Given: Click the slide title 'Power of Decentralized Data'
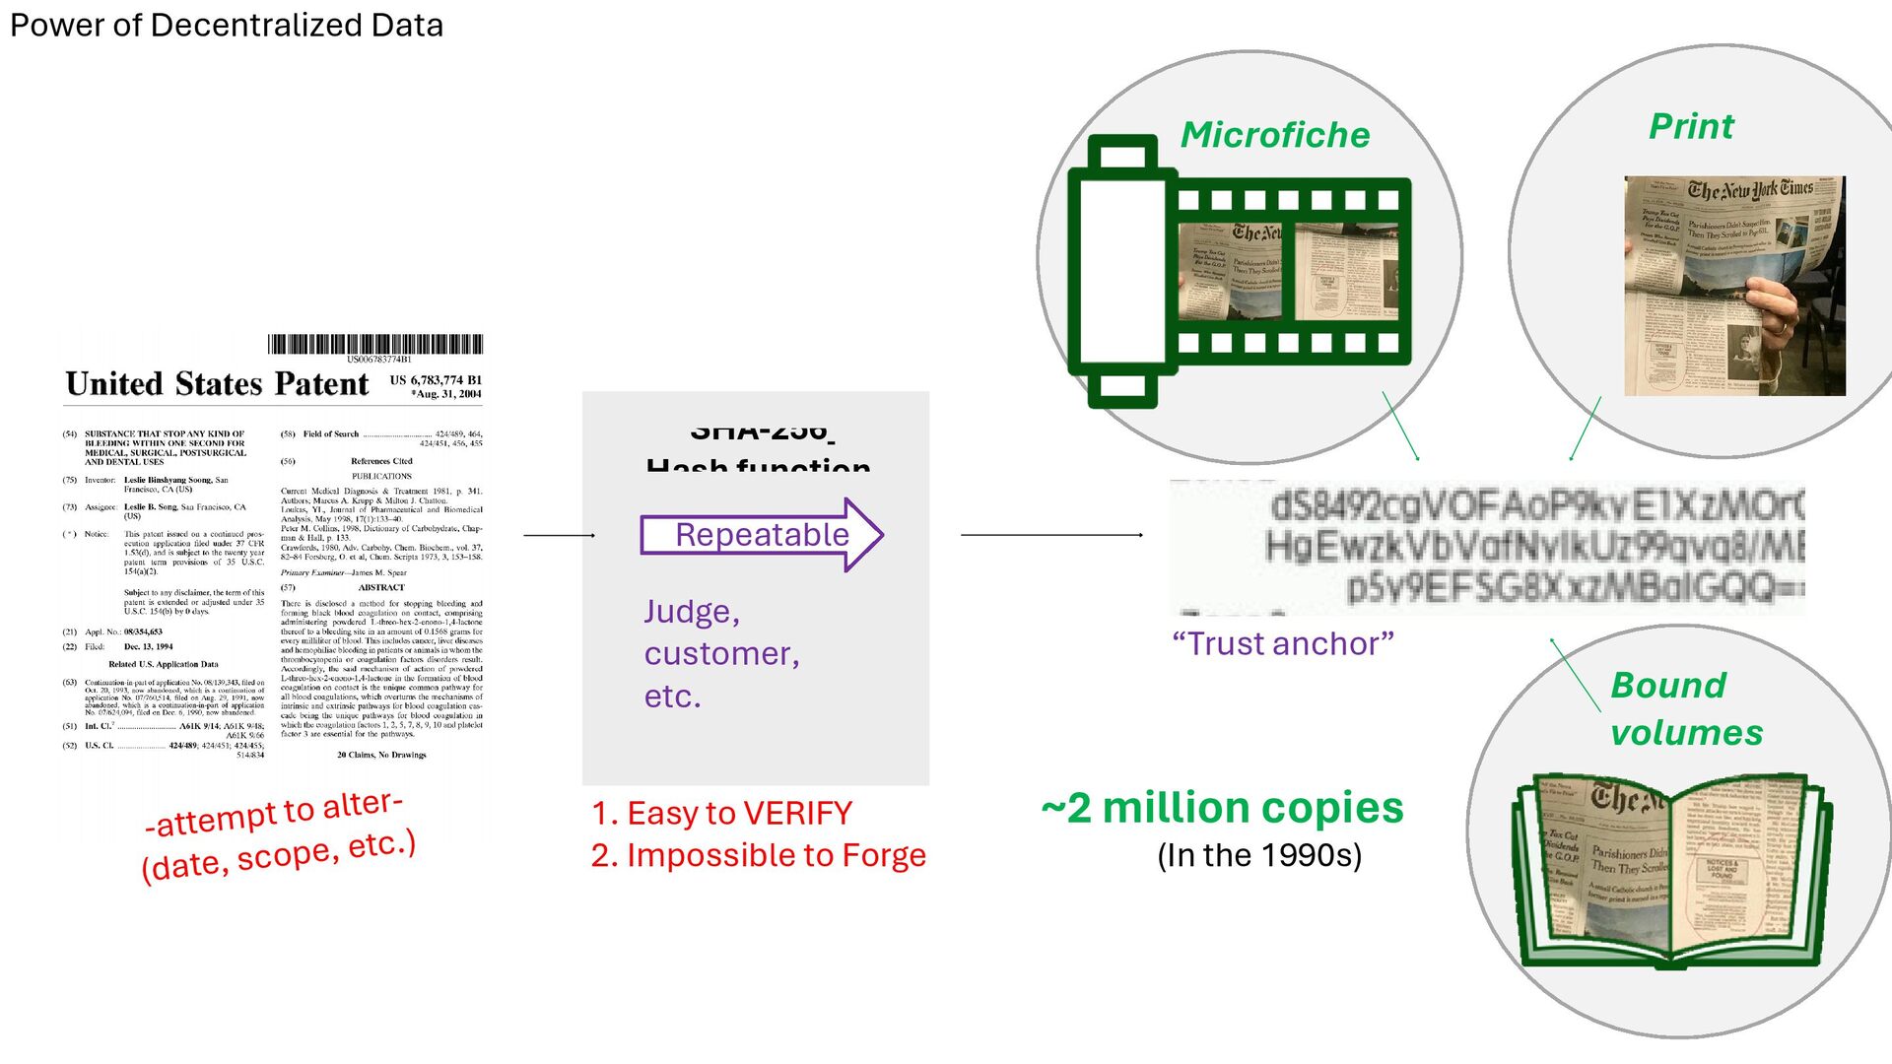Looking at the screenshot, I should [227, 26].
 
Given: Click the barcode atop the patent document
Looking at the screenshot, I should [375, 344].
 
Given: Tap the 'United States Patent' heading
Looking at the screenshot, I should [217, 383].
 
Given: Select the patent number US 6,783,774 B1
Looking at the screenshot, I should [436, 379].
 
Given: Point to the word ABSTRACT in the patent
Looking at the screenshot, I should [381, 587].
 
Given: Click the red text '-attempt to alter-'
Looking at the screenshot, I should [274, 813].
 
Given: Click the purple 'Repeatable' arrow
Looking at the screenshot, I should [762, 535].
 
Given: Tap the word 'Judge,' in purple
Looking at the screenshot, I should [692, 612].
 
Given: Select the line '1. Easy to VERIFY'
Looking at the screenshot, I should [721, 814].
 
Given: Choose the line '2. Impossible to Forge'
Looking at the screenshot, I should [758, 855].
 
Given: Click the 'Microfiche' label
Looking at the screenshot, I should [1275, 135].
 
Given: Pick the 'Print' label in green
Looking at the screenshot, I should [1691, 126].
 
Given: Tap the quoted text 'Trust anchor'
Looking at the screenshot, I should [1283, 643].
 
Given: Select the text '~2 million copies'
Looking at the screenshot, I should [1222, 808].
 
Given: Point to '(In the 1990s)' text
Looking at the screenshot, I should [1259, 855].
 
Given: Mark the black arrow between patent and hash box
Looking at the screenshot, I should [559, 535].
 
